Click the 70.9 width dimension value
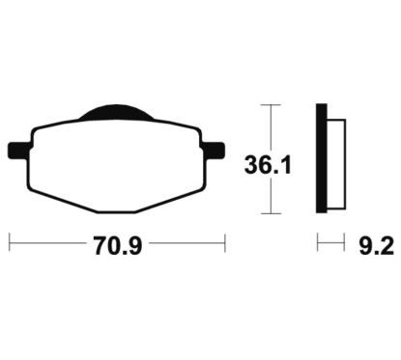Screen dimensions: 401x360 point(118,245)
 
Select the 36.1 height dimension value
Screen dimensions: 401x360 point(268,165)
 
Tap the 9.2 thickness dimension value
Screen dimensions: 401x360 point(376,247)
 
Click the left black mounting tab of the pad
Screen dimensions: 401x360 point(19,151)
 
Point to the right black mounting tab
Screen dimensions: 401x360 point(214,151)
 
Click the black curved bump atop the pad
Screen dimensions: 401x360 point(114,112)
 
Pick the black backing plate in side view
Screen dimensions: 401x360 point(322,158)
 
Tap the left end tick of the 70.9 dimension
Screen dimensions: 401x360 point(10,243)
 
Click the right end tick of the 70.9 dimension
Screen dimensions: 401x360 point(225,243)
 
